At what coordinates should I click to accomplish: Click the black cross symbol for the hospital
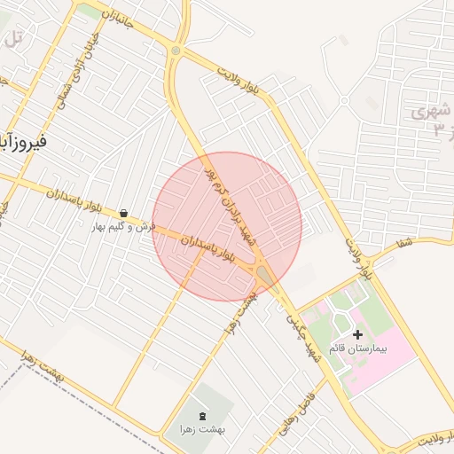(x=357, y=334)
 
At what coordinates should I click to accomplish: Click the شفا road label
(x=405, y=242)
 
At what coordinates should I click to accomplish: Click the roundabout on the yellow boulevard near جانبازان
(x=176, y=51)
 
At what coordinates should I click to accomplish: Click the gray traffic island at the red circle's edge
(x=265, y=277)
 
